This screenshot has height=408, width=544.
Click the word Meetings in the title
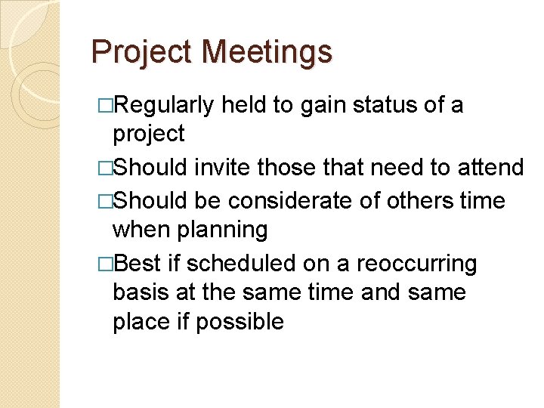click(x=268, y=52)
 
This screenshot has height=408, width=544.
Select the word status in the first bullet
click(x=400, y=105)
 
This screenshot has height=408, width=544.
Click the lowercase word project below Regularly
click(x=148, y=134)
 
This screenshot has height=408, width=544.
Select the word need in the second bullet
click(x=406, y=167)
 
